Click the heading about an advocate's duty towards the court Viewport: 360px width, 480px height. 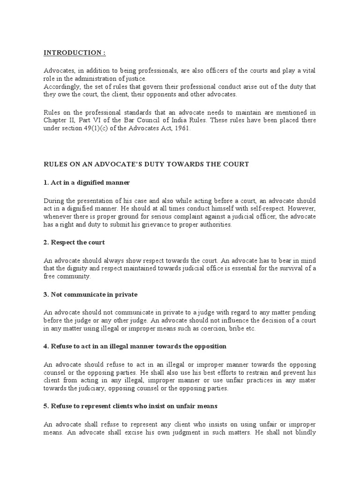click(x=146, y=164)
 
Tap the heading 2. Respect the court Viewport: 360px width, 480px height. click(x=74, y=242)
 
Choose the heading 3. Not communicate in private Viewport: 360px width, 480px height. click(x=90, y=294)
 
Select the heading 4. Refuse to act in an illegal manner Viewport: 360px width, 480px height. click(x=135, y=346)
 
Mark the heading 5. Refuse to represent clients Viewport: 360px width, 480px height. click(x=131, y=406)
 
